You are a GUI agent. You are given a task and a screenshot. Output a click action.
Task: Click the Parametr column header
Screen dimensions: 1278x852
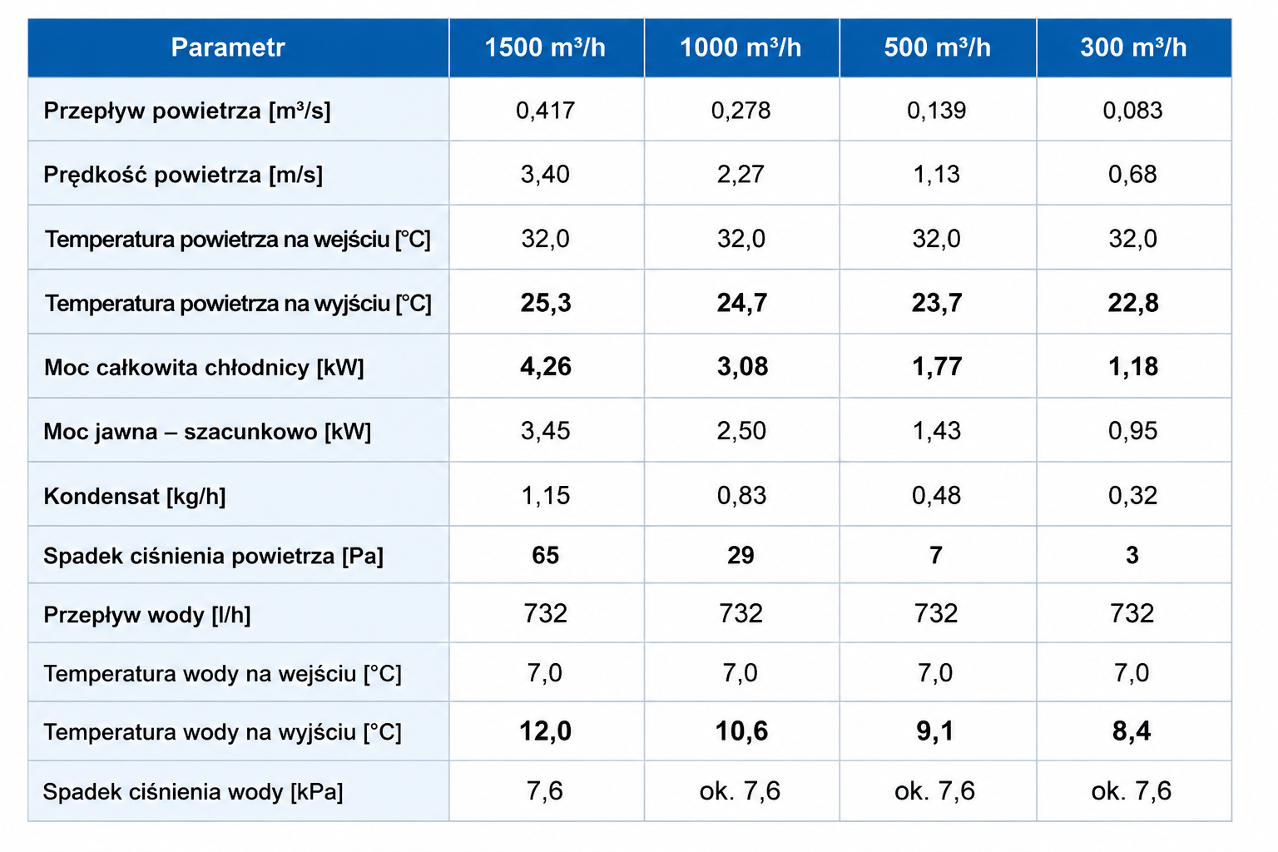point(228,47)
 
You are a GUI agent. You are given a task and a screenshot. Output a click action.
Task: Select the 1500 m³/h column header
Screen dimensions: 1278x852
point(545,47)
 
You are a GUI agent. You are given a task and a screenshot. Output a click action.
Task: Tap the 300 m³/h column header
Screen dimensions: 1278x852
point(1133,47)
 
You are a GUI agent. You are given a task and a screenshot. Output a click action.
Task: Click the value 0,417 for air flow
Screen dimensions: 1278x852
point(545,110)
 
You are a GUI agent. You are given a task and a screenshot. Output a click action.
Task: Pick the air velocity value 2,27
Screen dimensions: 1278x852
point(741,174)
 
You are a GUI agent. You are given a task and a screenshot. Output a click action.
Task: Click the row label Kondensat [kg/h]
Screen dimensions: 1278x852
point(135,497)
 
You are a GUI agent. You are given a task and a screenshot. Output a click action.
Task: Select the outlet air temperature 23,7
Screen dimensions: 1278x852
point(936,303)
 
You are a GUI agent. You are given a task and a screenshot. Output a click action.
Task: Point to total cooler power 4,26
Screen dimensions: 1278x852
point(546,366)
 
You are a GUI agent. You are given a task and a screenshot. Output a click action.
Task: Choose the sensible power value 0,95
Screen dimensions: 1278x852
point(1132,431)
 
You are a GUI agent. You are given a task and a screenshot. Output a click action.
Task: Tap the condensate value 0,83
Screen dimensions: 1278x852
point(741,495)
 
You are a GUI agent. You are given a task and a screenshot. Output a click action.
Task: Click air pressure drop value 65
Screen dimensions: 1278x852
point(546,555)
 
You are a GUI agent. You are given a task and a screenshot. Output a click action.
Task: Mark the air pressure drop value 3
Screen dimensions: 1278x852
point(1132,555)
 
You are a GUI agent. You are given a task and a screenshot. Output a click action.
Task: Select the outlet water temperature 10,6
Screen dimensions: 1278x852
point(741,731)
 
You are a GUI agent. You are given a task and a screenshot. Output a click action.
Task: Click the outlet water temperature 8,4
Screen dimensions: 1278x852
point(1132,731)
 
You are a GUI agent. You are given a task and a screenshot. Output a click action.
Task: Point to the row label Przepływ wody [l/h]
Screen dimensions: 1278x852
point(147,615)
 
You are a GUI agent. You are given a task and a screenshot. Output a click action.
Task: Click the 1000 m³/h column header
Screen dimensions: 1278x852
point(741,47)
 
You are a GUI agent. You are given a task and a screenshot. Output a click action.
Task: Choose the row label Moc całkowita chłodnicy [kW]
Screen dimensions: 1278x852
point(204,368)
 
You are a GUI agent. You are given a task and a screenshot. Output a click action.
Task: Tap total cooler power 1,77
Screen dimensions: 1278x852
point(937,366)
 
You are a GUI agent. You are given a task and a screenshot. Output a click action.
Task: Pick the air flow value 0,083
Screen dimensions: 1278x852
point(1132,110)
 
